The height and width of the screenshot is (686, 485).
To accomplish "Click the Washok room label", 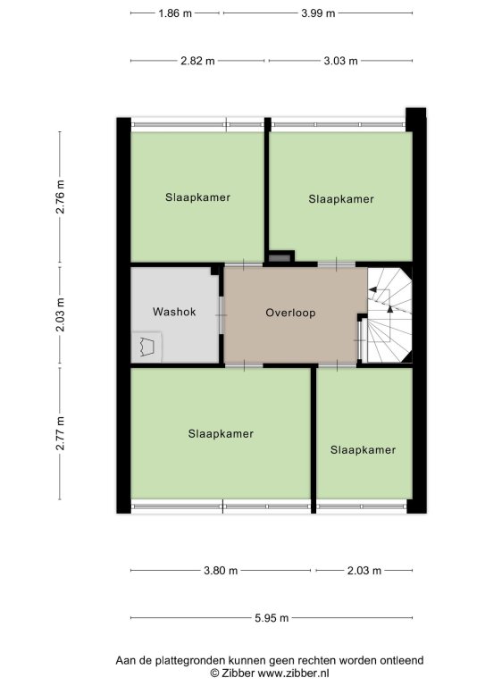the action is tap(174, 312).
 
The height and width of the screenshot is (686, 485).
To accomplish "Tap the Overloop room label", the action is tap(290, 313).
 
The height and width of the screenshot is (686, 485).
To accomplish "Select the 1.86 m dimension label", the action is tap(175, 13).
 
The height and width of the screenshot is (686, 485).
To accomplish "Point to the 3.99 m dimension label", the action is tap(318, 13).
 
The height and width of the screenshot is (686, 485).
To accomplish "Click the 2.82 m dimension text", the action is tap(197, 61).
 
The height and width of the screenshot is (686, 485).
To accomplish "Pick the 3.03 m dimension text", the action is tap(340, 61).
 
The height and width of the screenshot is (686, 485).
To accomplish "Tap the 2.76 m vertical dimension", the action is tap(60, 197).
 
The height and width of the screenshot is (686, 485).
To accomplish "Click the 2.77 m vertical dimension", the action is tap(60, 433).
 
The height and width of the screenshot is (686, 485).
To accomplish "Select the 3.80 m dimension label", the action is tap(221, 571).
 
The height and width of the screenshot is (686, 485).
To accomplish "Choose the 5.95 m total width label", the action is tap(272, 618).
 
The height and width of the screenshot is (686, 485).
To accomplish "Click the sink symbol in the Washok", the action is tap(146, 347).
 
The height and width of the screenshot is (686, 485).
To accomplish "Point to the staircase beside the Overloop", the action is tap(389, 315).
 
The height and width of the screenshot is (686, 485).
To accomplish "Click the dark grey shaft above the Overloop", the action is tap(280, 258).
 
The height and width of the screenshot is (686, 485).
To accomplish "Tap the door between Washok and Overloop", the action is tap(222, 315).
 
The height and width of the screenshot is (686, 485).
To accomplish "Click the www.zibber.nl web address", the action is tap(294, 673).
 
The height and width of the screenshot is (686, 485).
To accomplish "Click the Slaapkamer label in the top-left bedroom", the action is tap(197, 197).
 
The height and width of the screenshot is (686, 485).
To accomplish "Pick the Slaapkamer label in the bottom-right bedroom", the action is tap(363, 450).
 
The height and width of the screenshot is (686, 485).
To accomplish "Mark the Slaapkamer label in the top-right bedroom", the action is tap(341, 199).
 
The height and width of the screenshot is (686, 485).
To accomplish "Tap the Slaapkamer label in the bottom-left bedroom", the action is tap(221, 433).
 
